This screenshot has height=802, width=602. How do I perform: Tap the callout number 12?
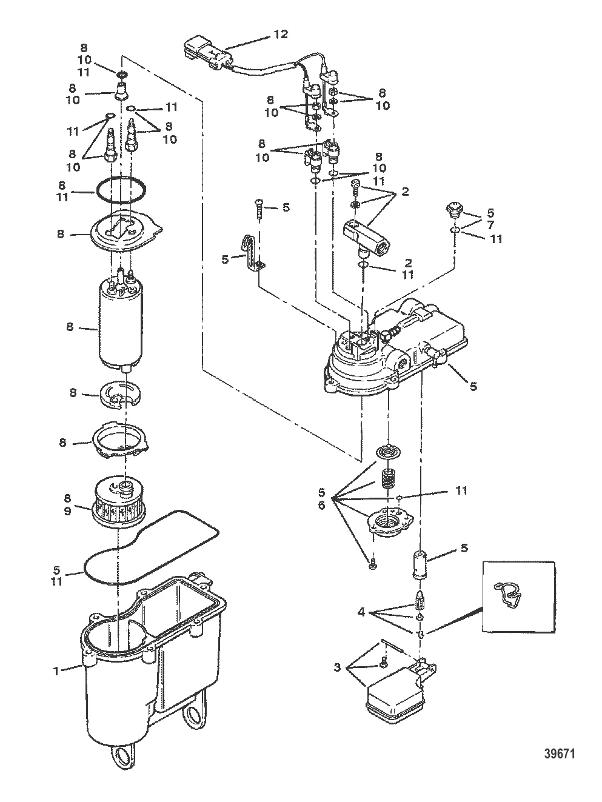tap(281, 35)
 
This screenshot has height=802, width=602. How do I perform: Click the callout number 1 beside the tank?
tap(56, 671)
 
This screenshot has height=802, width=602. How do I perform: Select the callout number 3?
tap(337, 667)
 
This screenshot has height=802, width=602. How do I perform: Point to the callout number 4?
tap(361, 612)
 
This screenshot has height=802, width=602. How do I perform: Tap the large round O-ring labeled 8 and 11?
tap(121, 190)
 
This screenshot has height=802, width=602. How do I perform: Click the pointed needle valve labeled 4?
tap(420, 598)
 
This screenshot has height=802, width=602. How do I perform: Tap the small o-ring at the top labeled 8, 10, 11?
tap(122, 75)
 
